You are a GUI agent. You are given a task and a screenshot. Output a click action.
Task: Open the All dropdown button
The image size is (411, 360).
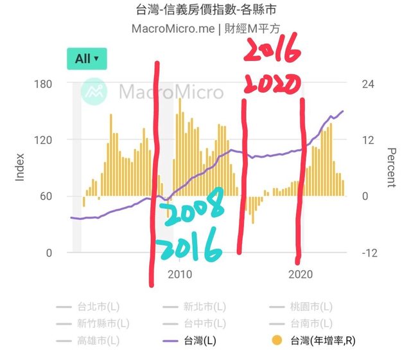tap(86, 59)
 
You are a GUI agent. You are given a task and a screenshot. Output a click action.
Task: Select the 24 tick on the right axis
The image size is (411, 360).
tap(365, 84)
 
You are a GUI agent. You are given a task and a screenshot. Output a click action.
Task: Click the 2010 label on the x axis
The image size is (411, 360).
tap(180, 274)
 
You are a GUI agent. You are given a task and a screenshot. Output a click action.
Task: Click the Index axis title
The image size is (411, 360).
tap(20, 167)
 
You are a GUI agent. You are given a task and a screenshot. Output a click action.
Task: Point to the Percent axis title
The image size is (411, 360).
tap(391, 167)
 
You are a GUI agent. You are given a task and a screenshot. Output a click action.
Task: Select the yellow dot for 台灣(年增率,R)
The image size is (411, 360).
tap(277, 341)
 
